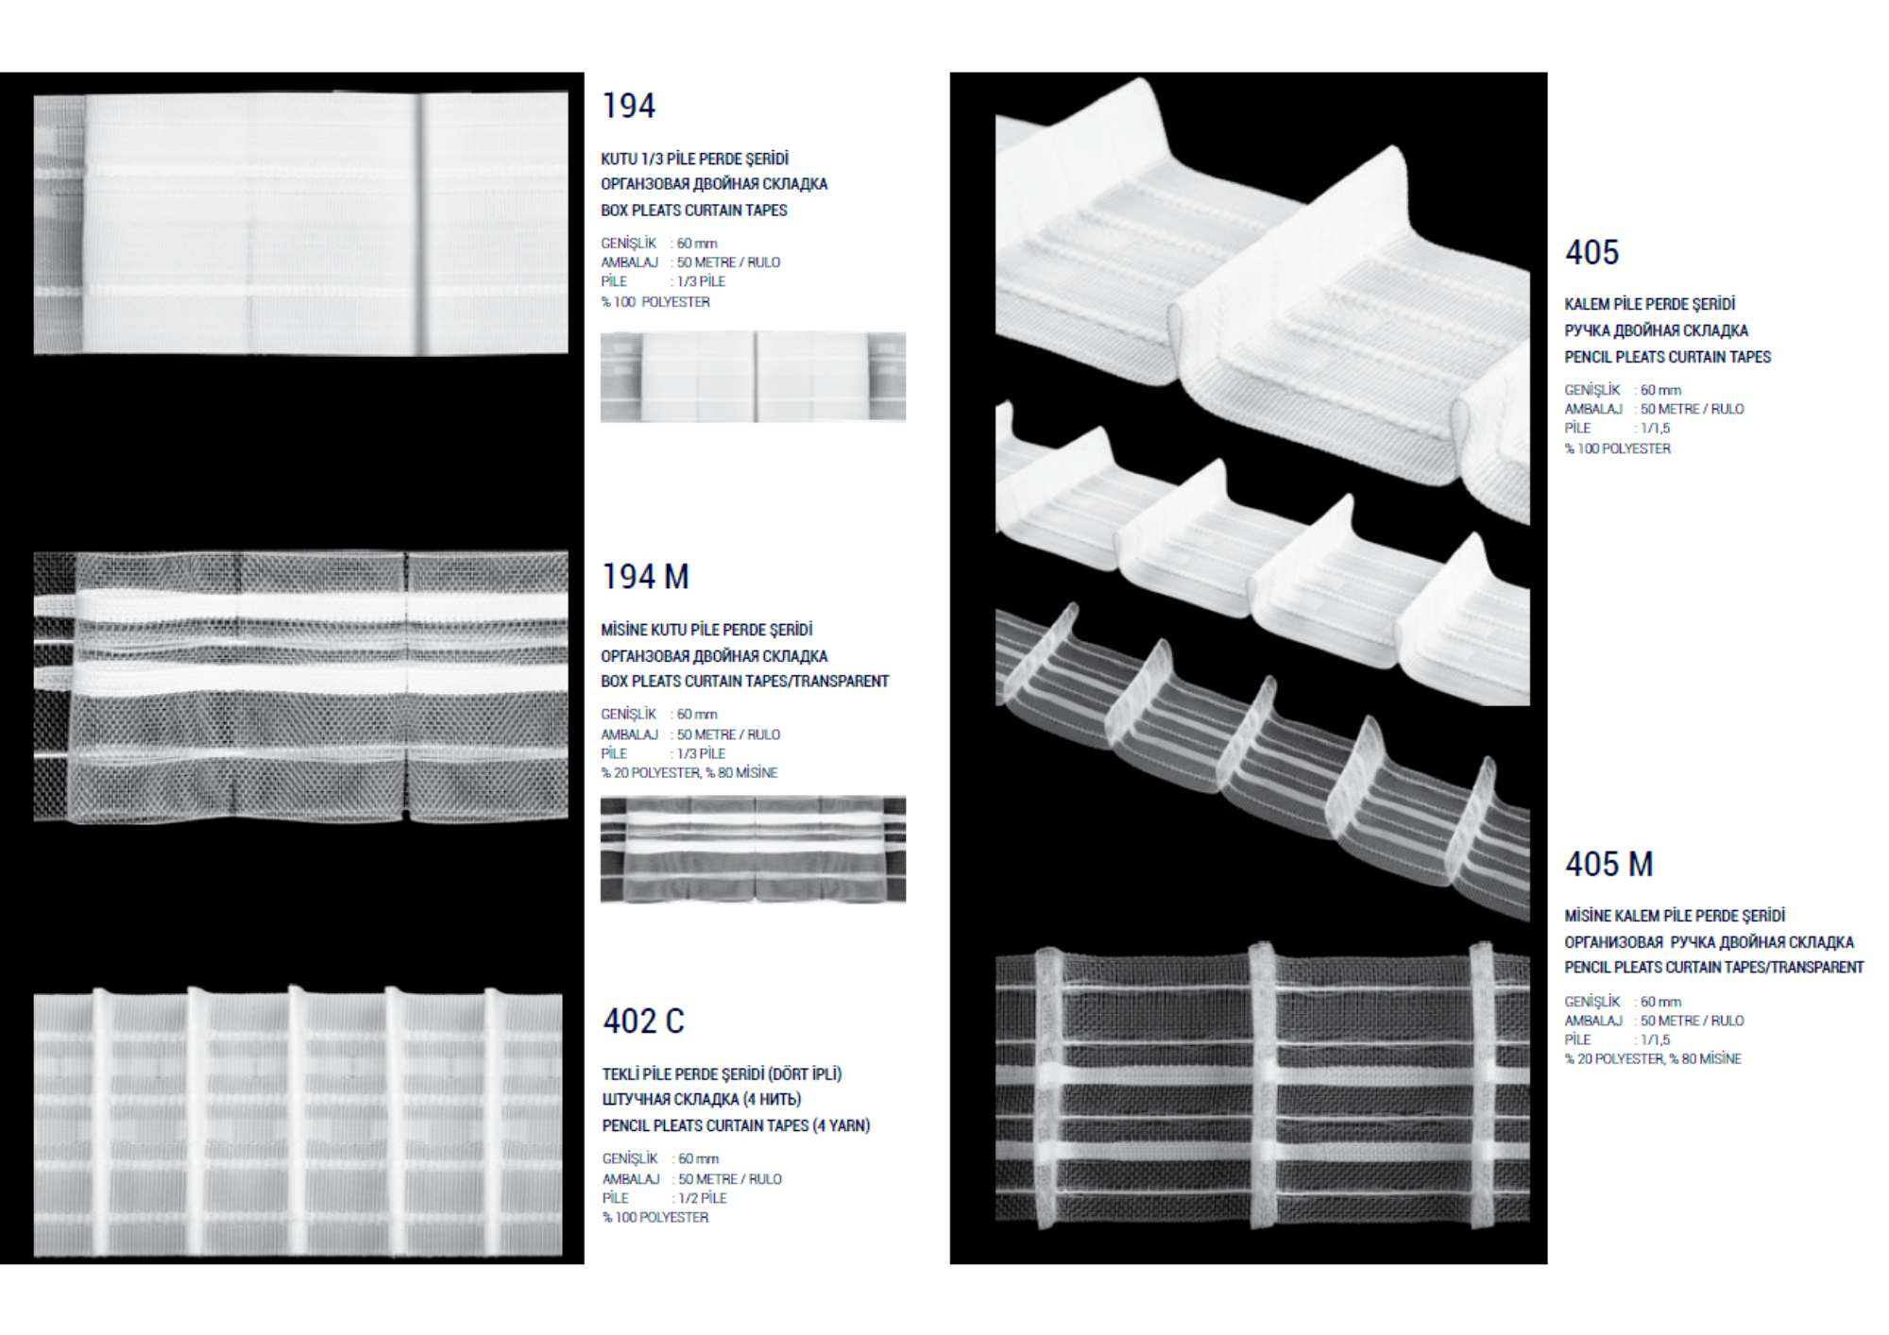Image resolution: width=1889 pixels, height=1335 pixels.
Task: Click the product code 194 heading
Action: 628,106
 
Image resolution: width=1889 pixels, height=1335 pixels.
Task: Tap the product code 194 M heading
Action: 645,577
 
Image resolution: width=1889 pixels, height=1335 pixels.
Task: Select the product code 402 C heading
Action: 643,1022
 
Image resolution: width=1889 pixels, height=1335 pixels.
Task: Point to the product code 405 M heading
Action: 1608,864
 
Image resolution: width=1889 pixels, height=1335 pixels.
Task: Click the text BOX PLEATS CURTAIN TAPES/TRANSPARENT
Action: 744,681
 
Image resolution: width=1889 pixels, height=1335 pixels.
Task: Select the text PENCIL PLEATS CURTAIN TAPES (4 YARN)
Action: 736,1125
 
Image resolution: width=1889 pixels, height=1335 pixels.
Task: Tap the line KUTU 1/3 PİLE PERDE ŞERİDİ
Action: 694,159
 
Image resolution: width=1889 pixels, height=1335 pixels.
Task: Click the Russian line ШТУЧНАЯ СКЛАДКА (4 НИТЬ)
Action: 701,1099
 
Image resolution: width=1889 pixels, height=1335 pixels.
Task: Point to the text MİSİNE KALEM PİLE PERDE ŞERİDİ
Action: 1675,916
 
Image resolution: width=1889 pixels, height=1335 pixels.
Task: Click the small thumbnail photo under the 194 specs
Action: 753,377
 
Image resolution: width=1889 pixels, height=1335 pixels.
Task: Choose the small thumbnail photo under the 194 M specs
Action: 753,850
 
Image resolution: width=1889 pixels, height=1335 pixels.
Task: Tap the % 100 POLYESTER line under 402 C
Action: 655,1218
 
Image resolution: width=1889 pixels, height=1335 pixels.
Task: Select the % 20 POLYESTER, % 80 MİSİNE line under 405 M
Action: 1653,1059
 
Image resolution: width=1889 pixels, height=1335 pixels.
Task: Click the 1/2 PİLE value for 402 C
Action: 702,1198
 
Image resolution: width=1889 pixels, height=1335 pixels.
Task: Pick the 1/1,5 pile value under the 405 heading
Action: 1655,428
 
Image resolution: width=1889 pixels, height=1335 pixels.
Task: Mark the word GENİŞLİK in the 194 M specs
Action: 628,714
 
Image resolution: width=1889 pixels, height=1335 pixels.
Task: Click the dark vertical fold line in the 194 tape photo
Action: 422,224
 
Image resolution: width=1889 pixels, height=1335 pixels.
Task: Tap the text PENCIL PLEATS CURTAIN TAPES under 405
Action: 1668,357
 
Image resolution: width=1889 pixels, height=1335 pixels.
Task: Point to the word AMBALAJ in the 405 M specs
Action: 1593,1021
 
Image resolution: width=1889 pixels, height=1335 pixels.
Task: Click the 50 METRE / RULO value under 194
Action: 728,262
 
